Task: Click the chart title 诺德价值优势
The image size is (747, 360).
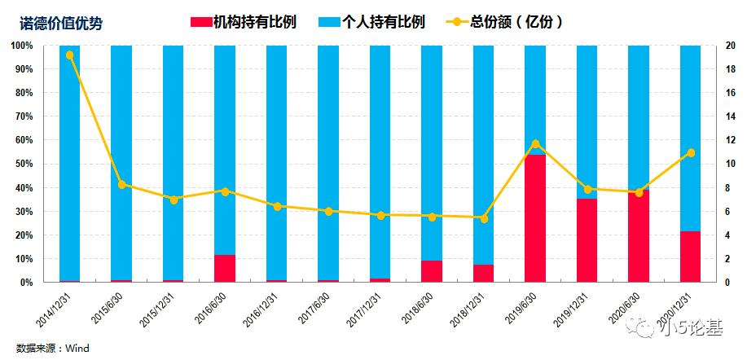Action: point(61,23)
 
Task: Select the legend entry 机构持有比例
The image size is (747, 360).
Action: point(244,22)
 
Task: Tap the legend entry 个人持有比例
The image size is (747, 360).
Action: point(371,22)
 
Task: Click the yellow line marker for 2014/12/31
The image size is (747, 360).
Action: point(69,55)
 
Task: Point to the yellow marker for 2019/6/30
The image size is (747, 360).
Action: point(535,144)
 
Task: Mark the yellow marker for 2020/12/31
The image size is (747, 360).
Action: point(691,153)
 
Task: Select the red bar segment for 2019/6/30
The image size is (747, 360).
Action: point(535,218)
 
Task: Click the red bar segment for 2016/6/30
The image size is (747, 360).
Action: point(225,269)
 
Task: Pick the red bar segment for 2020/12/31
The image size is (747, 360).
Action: point(690,257)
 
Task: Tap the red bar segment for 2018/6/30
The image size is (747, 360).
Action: point(432,271)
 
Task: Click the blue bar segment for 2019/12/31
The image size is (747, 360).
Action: point(587,122)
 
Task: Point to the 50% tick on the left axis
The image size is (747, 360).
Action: point(23,165)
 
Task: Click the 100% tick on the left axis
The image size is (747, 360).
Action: point(21,46)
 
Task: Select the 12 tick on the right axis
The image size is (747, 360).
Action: point(728,140)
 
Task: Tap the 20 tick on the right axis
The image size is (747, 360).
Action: point(729,46)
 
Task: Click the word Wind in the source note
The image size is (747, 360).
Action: point(77,349)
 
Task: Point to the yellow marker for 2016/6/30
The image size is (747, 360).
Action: point(225,191)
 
